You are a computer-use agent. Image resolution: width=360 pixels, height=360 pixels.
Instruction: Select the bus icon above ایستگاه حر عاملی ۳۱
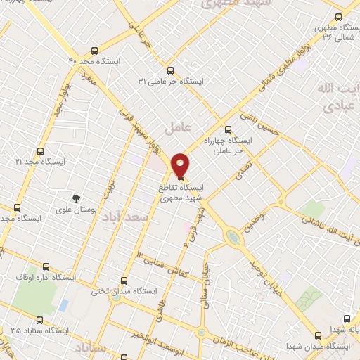(x=170, y=70)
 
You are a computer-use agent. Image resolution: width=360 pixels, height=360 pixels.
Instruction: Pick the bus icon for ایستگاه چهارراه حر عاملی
(x=227, y=129)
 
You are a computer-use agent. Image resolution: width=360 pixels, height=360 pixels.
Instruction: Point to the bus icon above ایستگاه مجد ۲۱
(x=39, y=150)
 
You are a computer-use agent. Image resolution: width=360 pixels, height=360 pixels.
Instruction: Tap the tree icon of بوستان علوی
(x=76, y=198)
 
